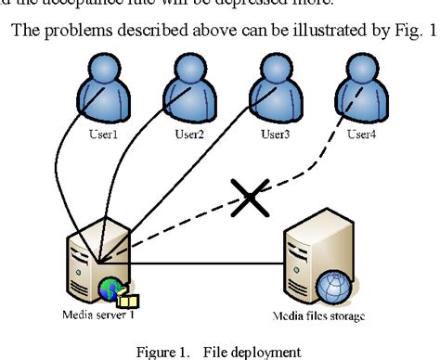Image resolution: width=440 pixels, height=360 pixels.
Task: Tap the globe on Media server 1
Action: [x=110, y=290]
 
